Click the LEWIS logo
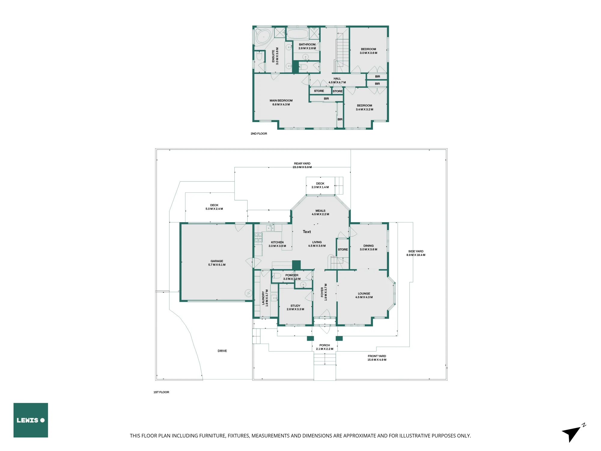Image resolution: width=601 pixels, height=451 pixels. coord(31,420)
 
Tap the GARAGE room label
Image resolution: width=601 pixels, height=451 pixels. coord(217,263)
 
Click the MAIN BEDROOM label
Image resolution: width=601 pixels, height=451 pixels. coord(281,103)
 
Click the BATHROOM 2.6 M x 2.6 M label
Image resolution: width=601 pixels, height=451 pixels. coord(307,46)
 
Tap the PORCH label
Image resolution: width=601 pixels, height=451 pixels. coord(325,347)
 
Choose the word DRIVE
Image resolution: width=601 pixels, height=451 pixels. coord(222,351)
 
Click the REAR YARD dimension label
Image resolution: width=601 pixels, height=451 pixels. coord(302,165)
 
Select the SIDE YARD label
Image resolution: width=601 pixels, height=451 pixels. coord(416,253)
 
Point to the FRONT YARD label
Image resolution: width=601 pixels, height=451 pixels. coord(377,358)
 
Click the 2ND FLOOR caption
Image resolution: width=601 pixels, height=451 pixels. coord(259,133)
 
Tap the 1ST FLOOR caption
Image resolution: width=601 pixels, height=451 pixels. coord(161,392)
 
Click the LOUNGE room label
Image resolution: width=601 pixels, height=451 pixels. coord(364,295)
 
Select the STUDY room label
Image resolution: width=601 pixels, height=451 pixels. coord(295,307)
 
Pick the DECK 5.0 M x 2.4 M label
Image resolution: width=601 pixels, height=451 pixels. coord(214,207)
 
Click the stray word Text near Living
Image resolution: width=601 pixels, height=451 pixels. coord(307,232)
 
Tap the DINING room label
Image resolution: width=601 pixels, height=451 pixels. coord(368,247)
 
